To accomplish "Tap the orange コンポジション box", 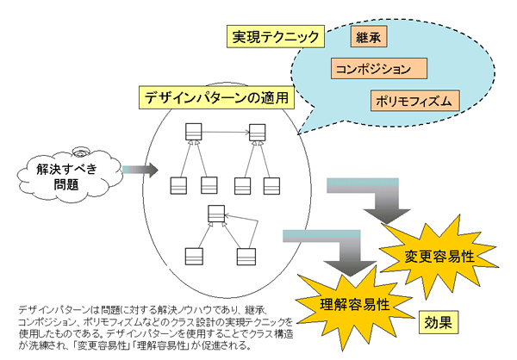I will coord(380,68).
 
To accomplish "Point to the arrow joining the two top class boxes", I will coord(225,132).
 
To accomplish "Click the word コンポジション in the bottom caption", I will coord(42,320).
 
